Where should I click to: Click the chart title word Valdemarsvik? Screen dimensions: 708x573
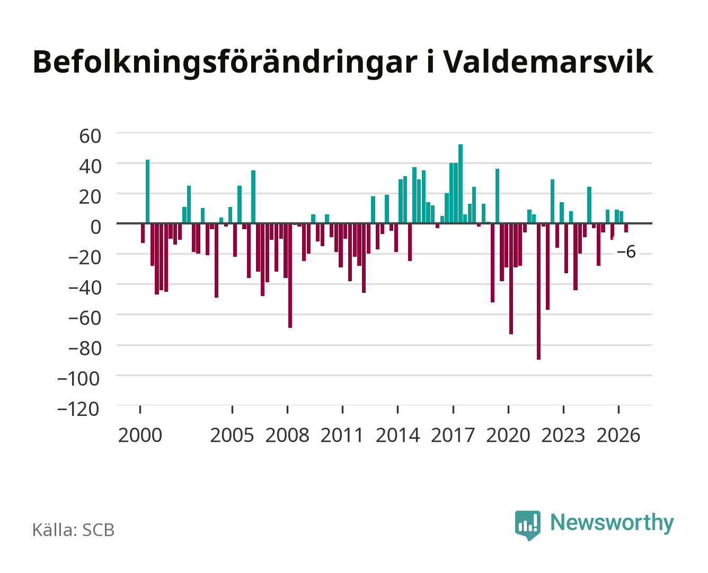click(x=548, y=62)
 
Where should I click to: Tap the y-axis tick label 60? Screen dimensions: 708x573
click(x=90, y=136)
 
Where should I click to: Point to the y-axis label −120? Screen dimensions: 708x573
click(x=78, y=409)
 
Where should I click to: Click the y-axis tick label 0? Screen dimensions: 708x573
click(x=96, y=227)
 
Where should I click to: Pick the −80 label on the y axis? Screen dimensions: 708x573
click(x=84, y=349)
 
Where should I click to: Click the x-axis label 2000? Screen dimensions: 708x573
click(x=140, y=435)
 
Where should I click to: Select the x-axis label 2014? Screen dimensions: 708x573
click(x=397, y=435)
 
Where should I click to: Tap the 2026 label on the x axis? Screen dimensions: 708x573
click(x=618, y=435)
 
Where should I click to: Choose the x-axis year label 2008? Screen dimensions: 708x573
click(x=287, y=435)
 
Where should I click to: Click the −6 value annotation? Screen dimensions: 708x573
click(x=626, y=252)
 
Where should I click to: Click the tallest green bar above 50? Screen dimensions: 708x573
click(x=461, y=184)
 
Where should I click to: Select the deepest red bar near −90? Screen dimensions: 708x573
click(x=538, y=291)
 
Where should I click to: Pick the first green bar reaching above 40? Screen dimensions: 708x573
click(x=147, y=192)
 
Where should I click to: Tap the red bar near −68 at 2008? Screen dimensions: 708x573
click(x=290, y=275)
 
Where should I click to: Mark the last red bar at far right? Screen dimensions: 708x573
click(x=626, y=228)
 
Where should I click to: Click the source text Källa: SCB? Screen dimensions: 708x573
click(x=74, y=530)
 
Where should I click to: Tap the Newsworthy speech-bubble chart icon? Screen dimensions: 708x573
click(x=527, y=525)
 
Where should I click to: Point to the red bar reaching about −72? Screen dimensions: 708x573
click(x=511, y=279)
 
